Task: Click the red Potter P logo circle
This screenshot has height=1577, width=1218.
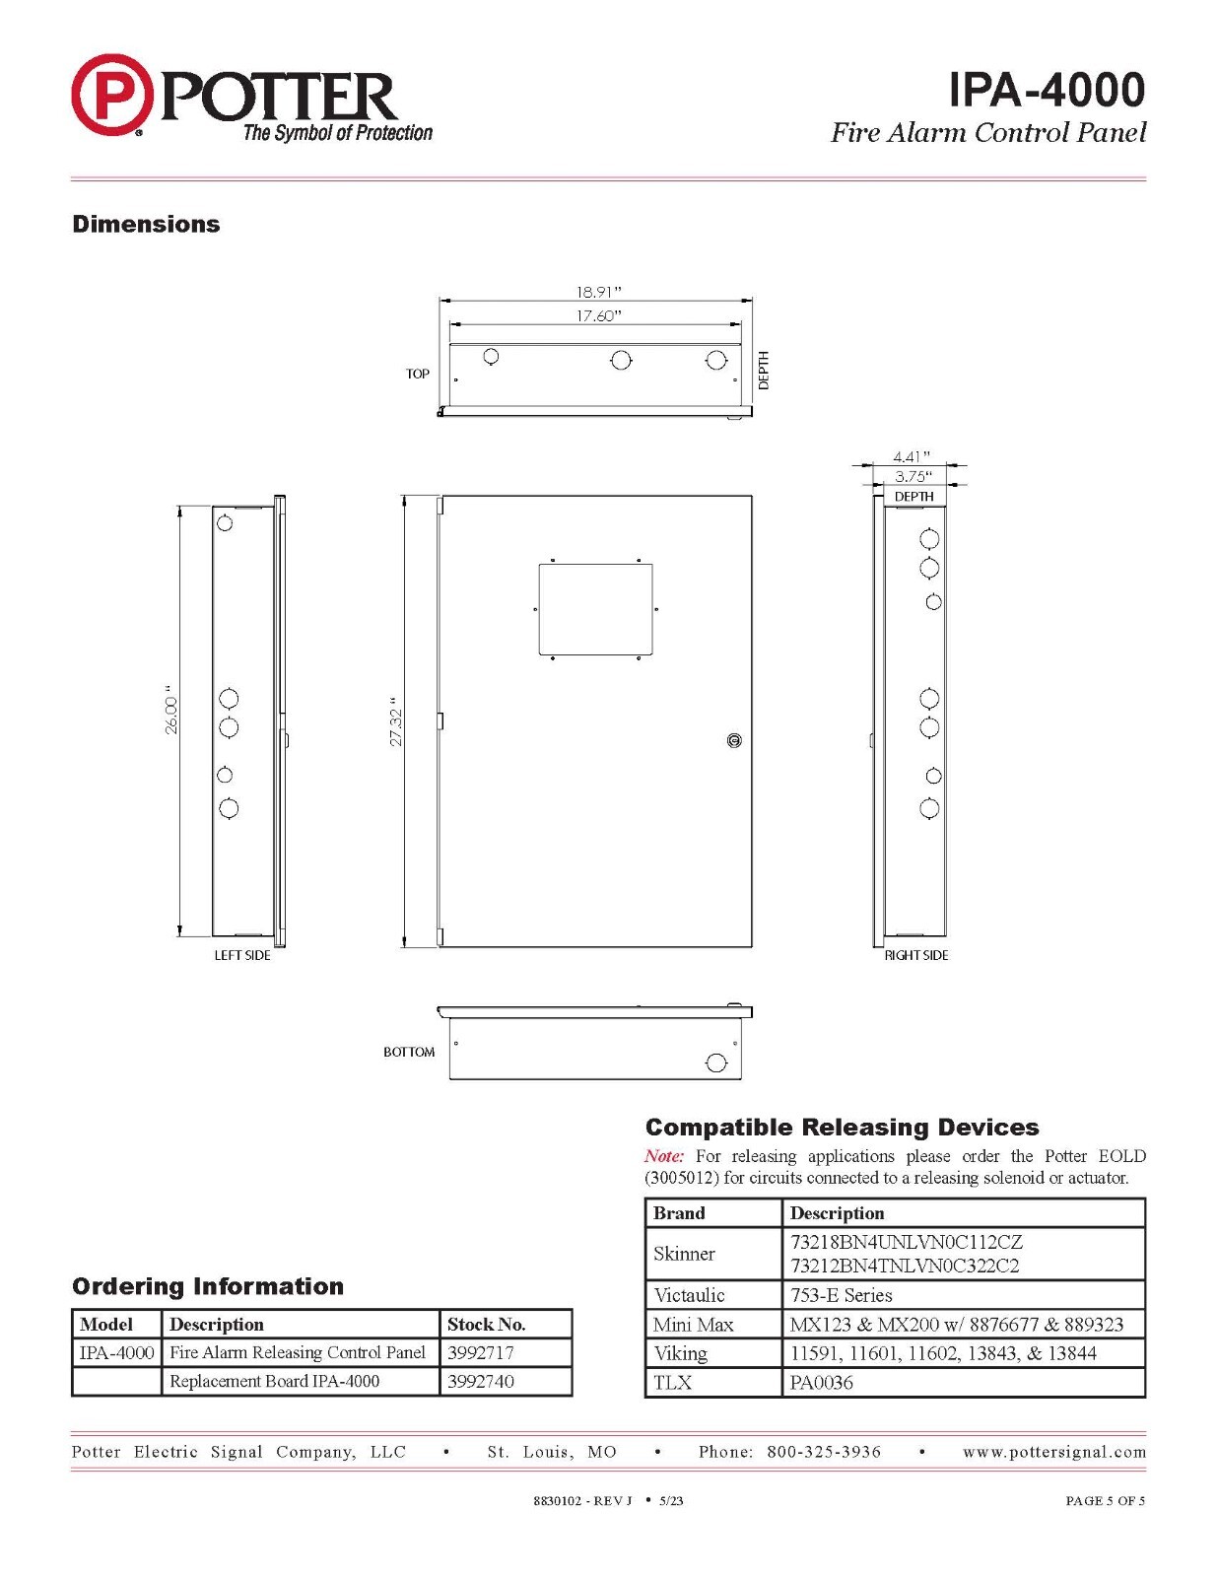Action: (111, 95)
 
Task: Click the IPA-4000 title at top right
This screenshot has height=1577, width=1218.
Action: (1047, 90)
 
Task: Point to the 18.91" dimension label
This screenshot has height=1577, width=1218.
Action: (598, 292)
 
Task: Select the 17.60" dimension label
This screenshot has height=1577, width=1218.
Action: (598, 315)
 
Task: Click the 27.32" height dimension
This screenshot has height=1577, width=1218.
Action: (396, 722)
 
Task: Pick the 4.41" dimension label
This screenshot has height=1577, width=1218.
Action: (912, 456)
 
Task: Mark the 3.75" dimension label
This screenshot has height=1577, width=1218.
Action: (913, 476)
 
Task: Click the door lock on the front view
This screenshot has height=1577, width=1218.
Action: (733, 740)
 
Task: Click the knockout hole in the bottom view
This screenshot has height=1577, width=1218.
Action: (716, 1063)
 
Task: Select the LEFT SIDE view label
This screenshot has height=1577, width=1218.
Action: (242, 955)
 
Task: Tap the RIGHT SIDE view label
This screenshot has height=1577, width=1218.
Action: (915, 955)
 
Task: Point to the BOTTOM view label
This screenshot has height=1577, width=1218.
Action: (409, 1052)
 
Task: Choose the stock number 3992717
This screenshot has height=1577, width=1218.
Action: (481, 1352)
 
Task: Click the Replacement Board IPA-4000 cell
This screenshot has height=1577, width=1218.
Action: (274, 1381)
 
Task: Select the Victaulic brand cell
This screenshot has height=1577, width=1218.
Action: (689, 1295)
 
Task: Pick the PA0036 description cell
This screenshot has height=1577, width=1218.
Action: (822, 1382)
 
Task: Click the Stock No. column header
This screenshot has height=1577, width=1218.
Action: (487, 1324)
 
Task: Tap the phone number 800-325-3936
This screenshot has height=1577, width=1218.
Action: (824, 1451)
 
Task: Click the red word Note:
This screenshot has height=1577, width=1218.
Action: (664, 1156)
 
